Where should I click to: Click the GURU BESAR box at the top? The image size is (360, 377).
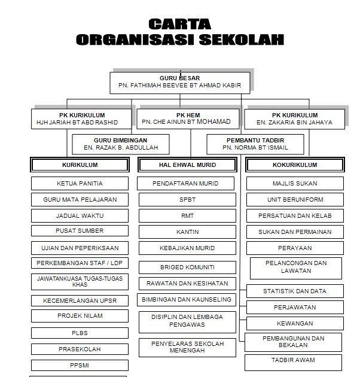pyautogui.click(x=179, y=82)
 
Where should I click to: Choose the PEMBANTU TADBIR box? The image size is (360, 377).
pyautogui.click(x=255, y=142)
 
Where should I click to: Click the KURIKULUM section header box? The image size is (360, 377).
pyautogui.click(x=80, y=165)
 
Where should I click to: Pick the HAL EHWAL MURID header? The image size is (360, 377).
pyautogui.click(x=187, y=165)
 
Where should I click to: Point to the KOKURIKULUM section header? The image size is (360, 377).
pyautogui.click(x=294, y=165)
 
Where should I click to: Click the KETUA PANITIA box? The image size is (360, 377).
pyautogui.click(x=80, y=184)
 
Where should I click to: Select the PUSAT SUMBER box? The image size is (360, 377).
pyautogui.click(x=80, y=230)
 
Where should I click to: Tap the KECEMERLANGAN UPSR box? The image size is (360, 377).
pyautogui.click(x=80, y=300)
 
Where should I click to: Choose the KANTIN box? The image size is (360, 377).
pyautogui.click(x=187, y=231)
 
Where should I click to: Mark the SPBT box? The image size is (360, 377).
pyautogui.click(x=187, y=199)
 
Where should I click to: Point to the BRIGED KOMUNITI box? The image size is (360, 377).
pyautogui.click(x=187, y=267)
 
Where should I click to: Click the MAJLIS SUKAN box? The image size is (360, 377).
pyautogui.click(x=294, y=184)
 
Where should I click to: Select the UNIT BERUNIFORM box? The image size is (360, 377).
pyautogui.click(x=294, y=199)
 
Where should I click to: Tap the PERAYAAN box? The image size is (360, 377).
pyautogui.click(x=294, y=247)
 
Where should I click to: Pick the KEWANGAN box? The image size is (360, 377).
pyautogui.click(x=294, y=323)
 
